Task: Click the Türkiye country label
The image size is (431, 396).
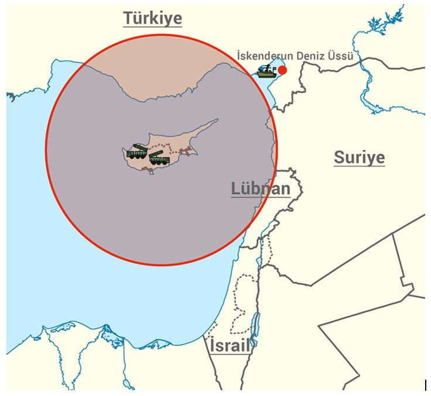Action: [152, 18]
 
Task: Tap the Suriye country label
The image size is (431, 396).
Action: [359, 157]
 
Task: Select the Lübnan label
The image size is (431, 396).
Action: [261, 188]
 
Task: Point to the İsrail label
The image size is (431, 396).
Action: [230, 345]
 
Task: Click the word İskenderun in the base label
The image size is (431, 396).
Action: [265, 56]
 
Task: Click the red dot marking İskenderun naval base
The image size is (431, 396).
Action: [282, 70]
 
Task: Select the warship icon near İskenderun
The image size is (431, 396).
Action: [267, 71]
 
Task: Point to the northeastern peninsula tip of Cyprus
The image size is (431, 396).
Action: [217, 120]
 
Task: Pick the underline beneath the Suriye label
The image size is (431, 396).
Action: [359, 167]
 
